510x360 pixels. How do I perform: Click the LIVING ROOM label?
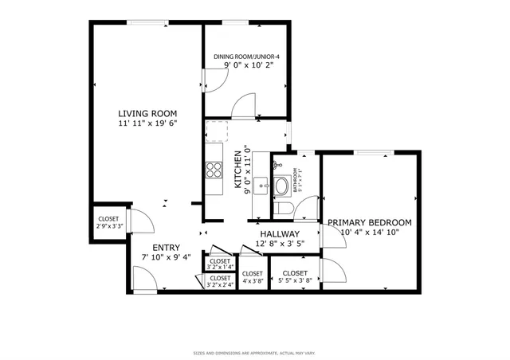pos(147,113)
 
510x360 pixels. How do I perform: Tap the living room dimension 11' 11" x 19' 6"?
pos(147,124)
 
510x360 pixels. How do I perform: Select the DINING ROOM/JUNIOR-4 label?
pos(245,57)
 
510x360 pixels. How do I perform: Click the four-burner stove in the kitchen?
pos(214,169)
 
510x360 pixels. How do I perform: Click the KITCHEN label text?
pos(237,169)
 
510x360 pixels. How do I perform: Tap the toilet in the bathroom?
pos(284,208)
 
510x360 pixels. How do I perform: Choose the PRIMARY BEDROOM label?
pos(369,222)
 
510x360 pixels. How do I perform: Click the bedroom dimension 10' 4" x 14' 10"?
pos(369,233)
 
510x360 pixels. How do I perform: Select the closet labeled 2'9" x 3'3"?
pos(108,223)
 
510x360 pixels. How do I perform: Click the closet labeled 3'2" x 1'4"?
pos(219,264)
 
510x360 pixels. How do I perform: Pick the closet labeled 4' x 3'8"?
pos(253,276)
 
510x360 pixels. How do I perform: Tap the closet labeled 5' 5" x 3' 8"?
pos(295,276)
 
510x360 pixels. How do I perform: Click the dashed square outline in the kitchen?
pos(218,131)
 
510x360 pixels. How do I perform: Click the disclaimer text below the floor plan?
pos(254,353)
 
